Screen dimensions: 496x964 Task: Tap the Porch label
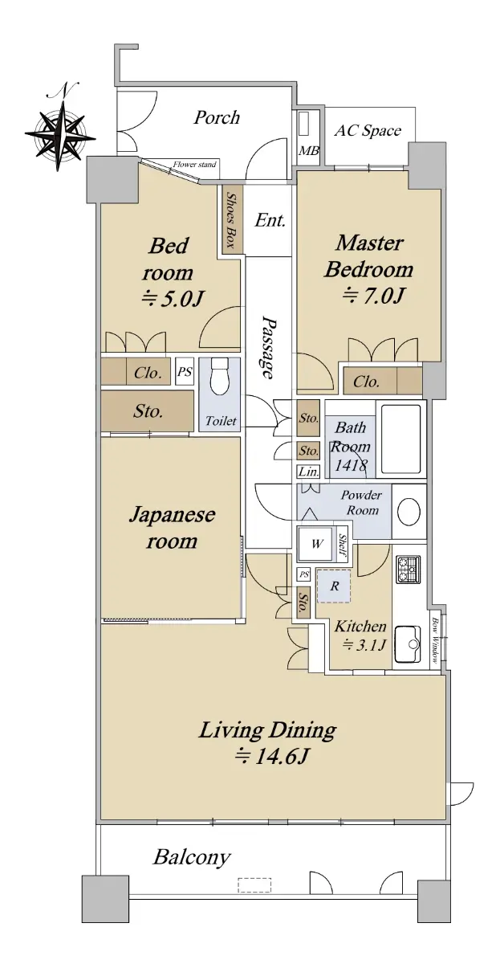coord(216,117)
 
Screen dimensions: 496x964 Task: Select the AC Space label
coord(368,130)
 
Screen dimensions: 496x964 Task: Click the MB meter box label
coord(309,151)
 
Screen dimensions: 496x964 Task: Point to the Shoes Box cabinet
coord(232,219)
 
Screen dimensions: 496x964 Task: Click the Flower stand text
coord(195,165)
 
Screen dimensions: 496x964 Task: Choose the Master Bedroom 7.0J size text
coord(373,296)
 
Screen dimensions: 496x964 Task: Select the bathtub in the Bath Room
coord(400,439)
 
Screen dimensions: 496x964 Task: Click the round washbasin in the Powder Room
coord(409,511)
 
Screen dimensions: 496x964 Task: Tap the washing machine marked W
coord(317,544)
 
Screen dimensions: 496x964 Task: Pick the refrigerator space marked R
coord(334,586)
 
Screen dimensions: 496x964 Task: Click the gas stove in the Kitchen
coord(408,570)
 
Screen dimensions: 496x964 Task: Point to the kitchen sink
coord(407,644)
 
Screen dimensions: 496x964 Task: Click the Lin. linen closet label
coord(309,472)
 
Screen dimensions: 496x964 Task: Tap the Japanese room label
coord(172,528)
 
